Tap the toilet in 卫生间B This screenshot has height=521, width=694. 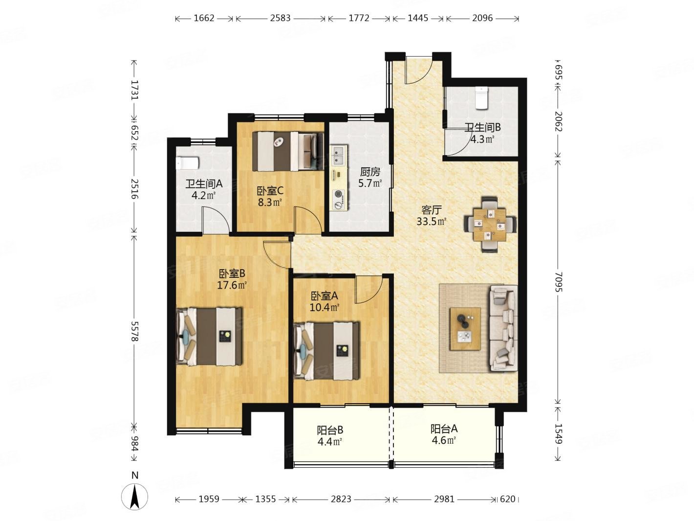point(481,98)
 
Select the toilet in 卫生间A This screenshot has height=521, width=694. point(187,162)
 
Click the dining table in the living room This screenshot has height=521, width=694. point(490,224)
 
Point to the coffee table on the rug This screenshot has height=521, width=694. point(465,328)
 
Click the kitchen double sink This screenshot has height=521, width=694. point(339,155)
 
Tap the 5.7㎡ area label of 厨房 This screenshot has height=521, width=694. point(370,183)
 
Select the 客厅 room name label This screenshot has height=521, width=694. point(431,210)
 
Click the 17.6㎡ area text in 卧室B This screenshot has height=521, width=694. point(232,285)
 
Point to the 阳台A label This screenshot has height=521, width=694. point(444,429)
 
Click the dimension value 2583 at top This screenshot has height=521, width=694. point(280,18)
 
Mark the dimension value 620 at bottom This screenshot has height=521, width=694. point(507,499)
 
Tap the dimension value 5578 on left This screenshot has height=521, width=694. point(135,331)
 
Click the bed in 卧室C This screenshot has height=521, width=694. point(288,151)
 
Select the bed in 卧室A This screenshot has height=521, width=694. point(326,351)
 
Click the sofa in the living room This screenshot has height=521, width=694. point(503,328)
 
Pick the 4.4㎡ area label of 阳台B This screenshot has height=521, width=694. point(330,441)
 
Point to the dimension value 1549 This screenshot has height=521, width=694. point(558,434)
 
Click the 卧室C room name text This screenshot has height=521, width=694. point(270,191)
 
